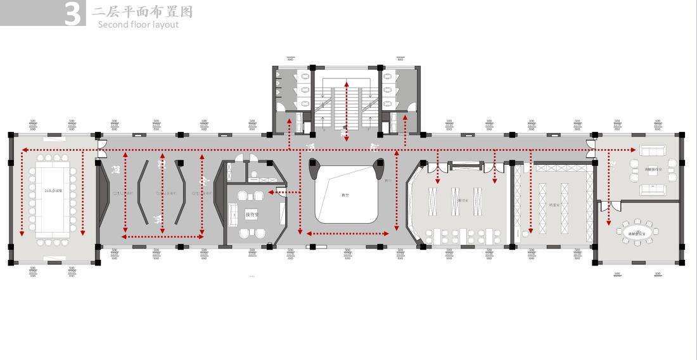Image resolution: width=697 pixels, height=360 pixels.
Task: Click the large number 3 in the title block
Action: click(x=74, y=14)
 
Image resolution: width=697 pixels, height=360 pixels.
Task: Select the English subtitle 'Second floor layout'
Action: click(x=138, y=25)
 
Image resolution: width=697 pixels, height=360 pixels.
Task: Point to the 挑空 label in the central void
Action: click(x=345, y=195)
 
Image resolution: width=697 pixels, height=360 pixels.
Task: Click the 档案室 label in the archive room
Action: click(x=553, y=205)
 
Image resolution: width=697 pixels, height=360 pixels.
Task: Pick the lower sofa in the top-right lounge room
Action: click(x=652, y=190)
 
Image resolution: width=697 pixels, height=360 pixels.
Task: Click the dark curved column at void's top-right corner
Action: click(x=380, y=167)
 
